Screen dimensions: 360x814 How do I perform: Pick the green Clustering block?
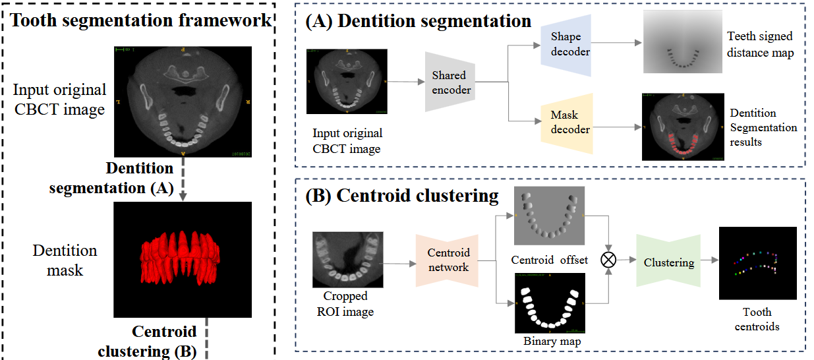pyautogui.click(x=668, y=262)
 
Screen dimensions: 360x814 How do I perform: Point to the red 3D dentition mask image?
pyautogui.click(x=183, y=259)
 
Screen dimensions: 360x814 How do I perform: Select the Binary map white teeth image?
pyautogui.click(x=549, y=305)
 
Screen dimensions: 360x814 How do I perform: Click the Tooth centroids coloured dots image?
pyautogui.click(x=757, y=263)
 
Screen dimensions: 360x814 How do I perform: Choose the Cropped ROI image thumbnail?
pyautogui.click(x=348, y=258)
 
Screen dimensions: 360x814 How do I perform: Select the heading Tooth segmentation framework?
pyautogui.click(x=141, y=20)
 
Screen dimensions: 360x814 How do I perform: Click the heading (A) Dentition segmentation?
pyautogui.click(x=418, y=21)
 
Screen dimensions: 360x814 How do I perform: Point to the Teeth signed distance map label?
pyautogui.click(x=759, y=44)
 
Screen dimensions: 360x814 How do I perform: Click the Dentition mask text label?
pyautogui.click(x=65, y=260)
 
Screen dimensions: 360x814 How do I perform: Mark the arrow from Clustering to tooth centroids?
pyautogui.click(x=709, y=261)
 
